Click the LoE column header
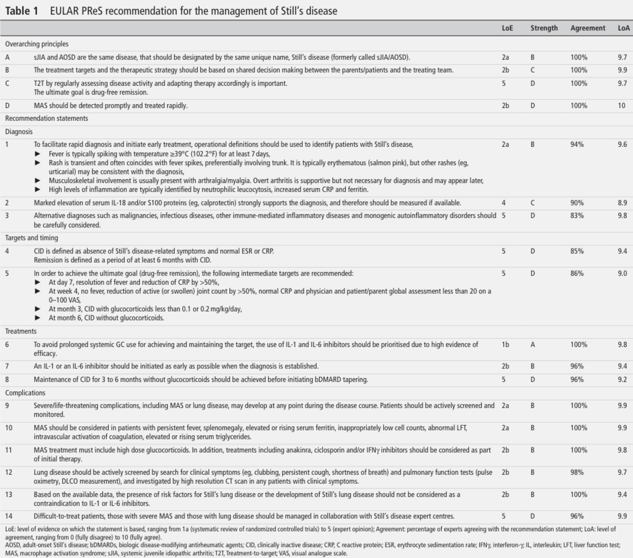tap(507, 28)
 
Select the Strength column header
tap(544, 28)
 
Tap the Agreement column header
tap(588, 28)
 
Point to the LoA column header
tap(623, 28)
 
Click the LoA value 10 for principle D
tap(622, 106)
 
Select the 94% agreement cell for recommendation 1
tap(577, 145)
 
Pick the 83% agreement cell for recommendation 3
tap(577, 216)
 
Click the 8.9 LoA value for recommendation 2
tap(622, 203)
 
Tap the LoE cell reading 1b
tap(505, 345)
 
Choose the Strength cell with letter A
tap(533, 345)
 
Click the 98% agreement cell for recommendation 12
tap(577, 472)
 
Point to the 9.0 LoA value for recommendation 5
tap(622, 274)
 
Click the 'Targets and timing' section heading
tap(32, 238)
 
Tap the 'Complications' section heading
tap(25, 393)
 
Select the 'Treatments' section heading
tap(21, 332)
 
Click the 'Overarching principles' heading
tap(37, 44)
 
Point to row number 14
tap(9, 516)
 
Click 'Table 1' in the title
tap(21, 11)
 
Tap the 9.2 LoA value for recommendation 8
tap(622, 380)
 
